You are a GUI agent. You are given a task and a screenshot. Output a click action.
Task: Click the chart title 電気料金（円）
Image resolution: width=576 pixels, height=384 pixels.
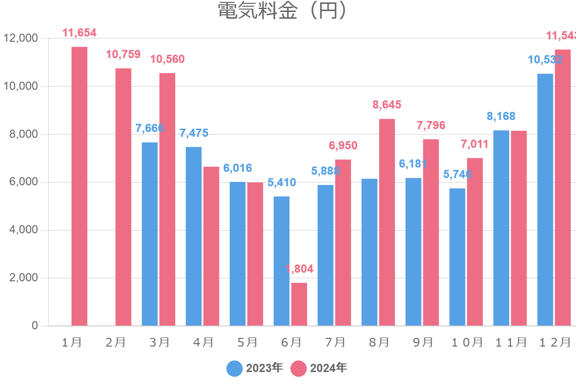[282, 11]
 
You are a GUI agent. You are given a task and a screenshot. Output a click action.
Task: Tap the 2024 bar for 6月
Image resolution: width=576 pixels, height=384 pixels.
[299, 304]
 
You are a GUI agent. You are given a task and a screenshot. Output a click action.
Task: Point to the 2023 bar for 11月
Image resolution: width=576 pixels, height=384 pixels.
[501, 228]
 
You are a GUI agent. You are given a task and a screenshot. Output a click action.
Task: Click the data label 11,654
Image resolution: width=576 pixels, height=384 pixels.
[80, 33]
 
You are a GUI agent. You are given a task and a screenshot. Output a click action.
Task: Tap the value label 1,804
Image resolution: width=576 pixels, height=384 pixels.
[299, 269]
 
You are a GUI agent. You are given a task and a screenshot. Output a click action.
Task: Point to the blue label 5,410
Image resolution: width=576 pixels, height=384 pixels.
[281, 182]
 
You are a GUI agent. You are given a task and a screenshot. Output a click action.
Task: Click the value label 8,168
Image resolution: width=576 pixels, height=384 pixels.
[501, 116]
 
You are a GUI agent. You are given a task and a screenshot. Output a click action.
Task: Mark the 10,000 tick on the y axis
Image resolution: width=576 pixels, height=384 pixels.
[21, 86]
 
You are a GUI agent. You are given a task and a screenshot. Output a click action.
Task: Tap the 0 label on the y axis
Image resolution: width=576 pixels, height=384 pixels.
[35, 326]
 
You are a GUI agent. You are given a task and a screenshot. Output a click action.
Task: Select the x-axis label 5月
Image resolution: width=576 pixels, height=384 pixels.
[247, 342]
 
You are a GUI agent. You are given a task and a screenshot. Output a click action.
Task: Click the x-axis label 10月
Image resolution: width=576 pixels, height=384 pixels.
[467, 342]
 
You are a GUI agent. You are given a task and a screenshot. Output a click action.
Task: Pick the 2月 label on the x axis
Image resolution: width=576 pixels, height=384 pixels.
[115, 342]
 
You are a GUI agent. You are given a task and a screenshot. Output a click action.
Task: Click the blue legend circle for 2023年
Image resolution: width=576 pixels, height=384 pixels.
[235, 369]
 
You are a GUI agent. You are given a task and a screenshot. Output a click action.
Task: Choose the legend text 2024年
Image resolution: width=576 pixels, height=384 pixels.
[328, 369]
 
